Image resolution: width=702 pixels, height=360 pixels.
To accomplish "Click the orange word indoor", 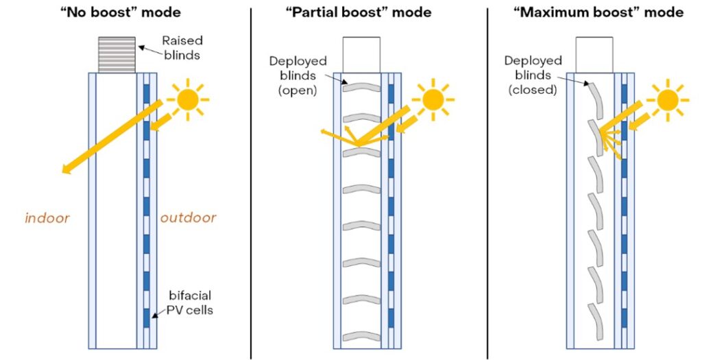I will (x=47, y=219).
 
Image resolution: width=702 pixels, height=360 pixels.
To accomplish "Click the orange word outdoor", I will (x=188, y=219).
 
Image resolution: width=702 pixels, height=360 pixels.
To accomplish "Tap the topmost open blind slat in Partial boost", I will (x=361, y=88).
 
